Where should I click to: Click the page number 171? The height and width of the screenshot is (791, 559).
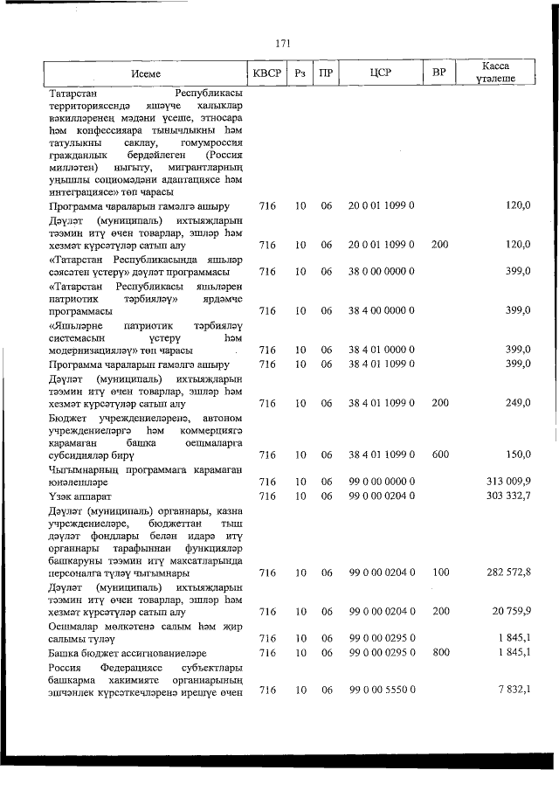[x=281, y=42]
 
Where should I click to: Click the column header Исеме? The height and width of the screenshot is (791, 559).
[x=146, y=73]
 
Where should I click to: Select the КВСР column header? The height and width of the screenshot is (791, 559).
[x=266, y=73]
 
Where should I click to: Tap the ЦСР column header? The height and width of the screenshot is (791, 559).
[x=380, y=73]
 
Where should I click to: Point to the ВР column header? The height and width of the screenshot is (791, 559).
[x=439, y=73]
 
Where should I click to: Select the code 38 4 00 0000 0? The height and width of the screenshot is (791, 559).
[x=380, y=310]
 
